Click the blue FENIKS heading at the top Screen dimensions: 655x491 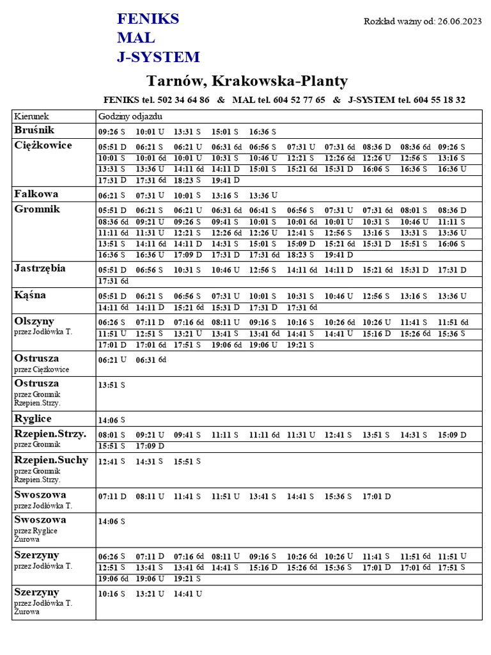(x=148, y=19)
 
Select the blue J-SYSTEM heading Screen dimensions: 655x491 (x=158, y=58)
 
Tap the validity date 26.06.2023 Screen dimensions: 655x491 (x=460, y=21)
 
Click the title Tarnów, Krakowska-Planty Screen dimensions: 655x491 (x=247, y=81)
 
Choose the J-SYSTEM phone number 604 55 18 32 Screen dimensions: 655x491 (x=439, y=100)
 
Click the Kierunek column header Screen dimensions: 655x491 (x=31, y=116)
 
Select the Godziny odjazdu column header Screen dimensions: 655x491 (x=130, y=116)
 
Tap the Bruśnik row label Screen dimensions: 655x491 (x=35, y=130)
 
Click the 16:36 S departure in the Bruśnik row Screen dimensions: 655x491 (x=262, y=132)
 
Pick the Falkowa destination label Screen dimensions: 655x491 (x=36, y=193)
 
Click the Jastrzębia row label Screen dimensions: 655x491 (x=40, y=268)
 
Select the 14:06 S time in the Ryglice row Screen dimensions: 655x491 (x=111, y=420)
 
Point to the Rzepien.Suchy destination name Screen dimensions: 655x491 (x=51, y=460)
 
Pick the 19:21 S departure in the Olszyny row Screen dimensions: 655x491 (x=300, y=345)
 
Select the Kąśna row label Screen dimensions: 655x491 (x=31, y=295)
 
